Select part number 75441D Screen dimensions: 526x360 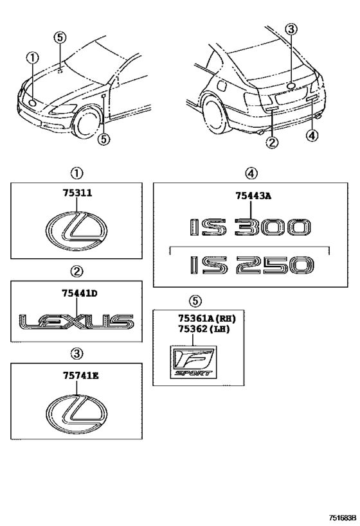76,293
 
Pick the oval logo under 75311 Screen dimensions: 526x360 76,231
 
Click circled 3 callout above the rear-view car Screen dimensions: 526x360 291,29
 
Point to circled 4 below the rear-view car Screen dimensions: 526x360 312,135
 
